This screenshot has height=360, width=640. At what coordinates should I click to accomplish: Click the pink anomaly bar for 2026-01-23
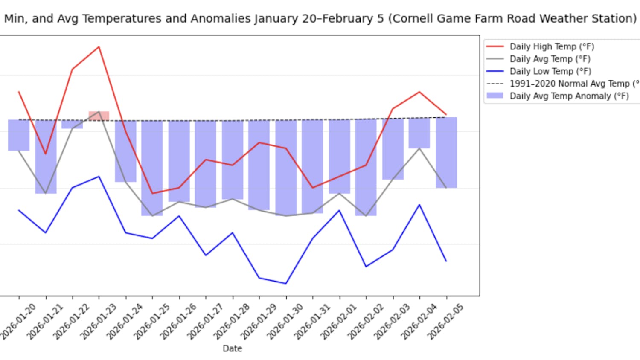pos(99,116)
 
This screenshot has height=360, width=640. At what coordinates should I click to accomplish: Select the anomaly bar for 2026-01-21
pos(46,157)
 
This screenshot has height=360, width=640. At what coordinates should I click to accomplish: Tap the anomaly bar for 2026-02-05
pos(446,152)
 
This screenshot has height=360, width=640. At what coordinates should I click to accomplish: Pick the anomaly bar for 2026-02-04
pos(419,133)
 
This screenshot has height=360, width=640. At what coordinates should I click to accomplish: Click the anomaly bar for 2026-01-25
pos(152,168)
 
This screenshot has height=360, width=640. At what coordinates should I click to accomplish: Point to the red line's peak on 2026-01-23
pos(99,47)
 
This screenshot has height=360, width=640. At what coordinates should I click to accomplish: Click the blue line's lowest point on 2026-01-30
pos(286,283)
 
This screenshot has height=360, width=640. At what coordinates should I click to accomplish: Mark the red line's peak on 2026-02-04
pos(419,92)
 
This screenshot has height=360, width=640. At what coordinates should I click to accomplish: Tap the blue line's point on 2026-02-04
pos(419,205)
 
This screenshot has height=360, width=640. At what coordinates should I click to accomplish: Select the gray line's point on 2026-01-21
pos(46,193)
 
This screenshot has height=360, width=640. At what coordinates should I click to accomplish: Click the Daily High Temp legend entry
pos(552,46)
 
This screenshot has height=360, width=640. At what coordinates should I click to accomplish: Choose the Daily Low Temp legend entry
pos(550,71)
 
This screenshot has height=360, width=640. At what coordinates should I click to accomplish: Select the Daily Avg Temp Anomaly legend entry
pos(569,96)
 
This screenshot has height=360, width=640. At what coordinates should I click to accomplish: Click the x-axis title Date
pos(233,348)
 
